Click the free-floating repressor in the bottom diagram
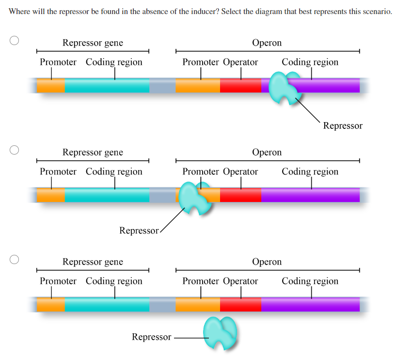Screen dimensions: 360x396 tap(221, 332)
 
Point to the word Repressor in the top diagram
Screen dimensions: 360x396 tap(343, 126)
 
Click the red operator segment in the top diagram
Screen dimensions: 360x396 tap(240, 85)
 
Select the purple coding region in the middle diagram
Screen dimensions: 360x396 tap(310, 195)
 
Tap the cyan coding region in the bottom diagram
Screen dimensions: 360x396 tap(107, 304)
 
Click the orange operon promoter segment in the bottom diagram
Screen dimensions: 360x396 tap(197, 304)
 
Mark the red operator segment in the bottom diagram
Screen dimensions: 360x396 tap(240, 304)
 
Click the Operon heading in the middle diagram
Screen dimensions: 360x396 tap(267, 152)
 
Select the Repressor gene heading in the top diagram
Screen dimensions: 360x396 tap(93, 43)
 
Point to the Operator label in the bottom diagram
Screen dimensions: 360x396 tap(240, 281)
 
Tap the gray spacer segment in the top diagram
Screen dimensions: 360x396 tap(162, 85)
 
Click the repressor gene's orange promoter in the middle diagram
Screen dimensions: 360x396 tap(50, 195)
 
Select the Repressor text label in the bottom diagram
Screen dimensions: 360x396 tap(151, 337)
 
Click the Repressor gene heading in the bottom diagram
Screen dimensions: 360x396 tap(93, 262)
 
